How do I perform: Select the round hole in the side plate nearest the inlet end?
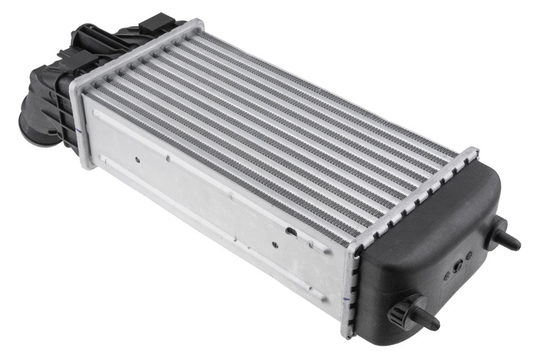point(137,159)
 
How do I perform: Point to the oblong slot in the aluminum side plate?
point(291,231)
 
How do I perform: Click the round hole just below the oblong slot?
point(274,244)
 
